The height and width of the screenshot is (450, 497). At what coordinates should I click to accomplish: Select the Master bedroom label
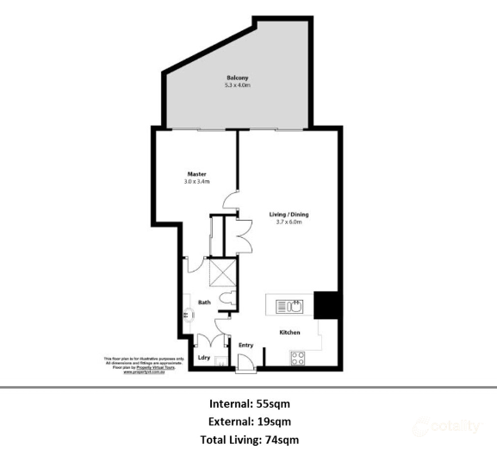coord(196,174)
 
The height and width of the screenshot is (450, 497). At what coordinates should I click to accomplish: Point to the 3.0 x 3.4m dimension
coord(196,182)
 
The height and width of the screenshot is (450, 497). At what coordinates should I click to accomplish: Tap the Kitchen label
coord(289,331)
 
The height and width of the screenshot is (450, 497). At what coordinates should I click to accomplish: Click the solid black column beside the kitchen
coord(327,305)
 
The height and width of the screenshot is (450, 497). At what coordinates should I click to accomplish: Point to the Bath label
coord(204,303)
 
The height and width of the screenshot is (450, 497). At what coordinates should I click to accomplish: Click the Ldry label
coord(203,357)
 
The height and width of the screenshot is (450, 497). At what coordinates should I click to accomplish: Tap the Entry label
coord(245,346)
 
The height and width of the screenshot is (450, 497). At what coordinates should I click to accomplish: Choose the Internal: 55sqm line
coord(249,403)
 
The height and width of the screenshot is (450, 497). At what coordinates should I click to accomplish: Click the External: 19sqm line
coord(249,422)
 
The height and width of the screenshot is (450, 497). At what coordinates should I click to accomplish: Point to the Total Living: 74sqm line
coord(249,440)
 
